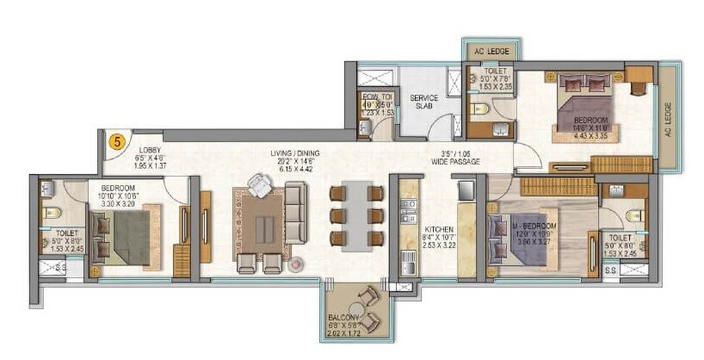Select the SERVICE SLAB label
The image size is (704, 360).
[x=423, y=102]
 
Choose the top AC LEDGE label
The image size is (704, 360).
[x=491, y=51]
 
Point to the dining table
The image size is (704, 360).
[x=357, y=214]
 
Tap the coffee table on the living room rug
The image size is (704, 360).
[x=265, y=227]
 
